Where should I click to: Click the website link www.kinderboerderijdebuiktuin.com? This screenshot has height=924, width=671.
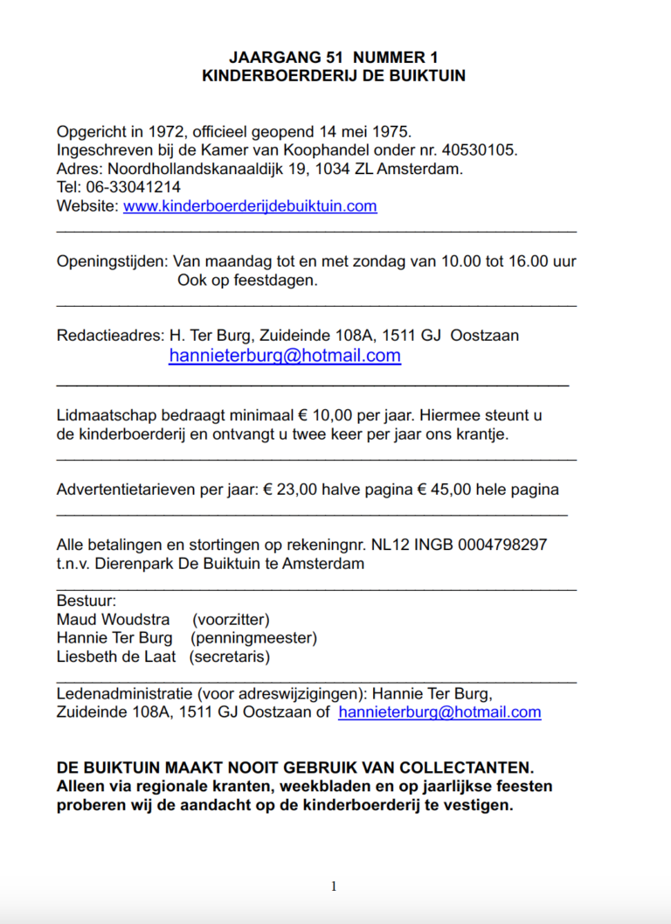(250, 206)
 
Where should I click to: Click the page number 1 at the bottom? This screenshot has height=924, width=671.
(334, 886)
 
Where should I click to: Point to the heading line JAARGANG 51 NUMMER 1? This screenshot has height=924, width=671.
(334, 57)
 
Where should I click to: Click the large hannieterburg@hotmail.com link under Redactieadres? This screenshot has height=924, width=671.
(285, 356)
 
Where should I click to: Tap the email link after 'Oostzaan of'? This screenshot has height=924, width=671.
(439, 712)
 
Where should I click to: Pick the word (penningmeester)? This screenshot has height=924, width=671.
(253, 638)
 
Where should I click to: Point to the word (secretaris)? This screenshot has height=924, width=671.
(230, 657)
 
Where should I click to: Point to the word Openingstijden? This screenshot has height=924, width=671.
(111, 261)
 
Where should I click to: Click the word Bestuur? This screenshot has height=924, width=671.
(86, 601)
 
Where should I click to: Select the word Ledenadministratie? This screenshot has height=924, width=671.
(124, 693)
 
